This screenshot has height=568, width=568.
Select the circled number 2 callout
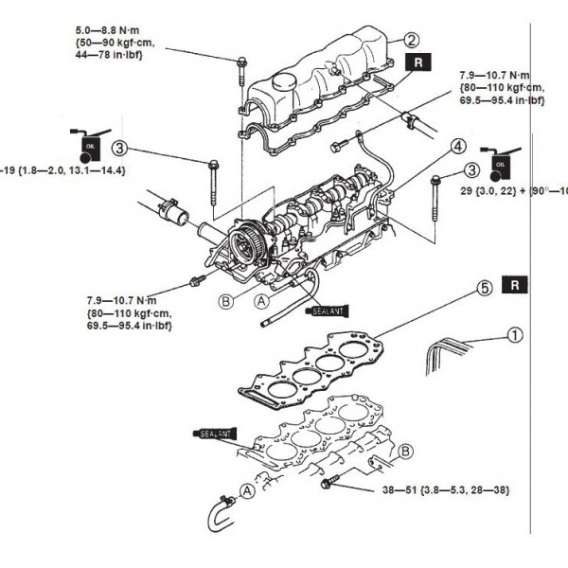(411, 40)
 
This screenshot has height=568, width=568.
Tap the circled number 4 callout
(458, 147)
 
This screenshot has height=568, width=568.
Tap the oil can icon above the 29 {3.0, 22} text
(498, 163)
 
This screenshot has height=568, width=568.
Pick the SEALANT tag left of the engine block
(217, 433)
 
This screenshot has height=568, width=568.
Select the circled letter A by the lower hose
(246, 490)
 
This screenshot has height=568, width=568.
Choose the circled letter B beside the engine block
(405, 451)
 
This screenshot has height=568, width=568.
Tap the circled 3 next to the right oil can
(470, 169)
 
